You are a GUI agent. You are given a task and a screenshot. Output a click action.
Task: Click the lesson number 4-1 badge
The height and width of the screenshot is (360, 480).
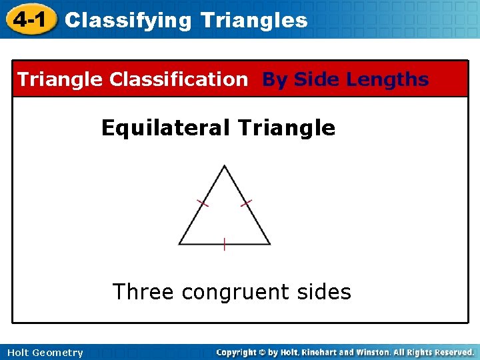[29, 19]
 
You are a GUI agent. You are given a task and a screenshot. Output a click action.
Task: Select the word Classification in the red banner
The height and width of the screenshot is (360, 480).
[178, 79]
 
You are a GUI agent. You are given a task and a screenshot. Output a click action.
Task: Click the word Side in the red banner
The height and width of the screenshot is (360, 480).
[317, 79]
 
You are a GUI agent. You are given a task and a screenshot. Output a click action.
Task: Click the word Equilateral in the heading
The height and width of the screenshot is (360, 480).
[165, 127]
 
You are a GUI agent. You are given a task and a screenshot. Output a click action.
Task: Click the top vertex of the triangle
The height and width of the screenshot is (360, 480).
[225, 166]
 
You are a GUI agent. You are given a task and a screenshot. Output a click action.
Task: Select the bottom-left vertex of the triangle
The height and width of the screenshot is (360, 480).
[179, 244]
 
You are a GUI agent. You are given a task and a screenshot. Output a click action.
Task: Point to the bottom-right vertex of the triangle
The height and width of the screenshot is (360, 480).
[270, 244]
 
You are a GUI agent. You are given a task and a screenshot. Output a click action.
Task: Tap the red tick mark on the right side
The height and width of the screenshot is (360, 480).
[246, 202]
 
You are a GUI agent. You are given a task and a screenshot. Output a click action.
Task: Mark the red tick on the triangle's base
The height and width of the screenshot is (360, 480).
[225, 244]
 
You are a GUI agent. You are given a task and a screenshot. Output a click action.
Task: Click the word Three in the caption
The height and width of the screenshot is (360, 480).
[143, 291]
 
